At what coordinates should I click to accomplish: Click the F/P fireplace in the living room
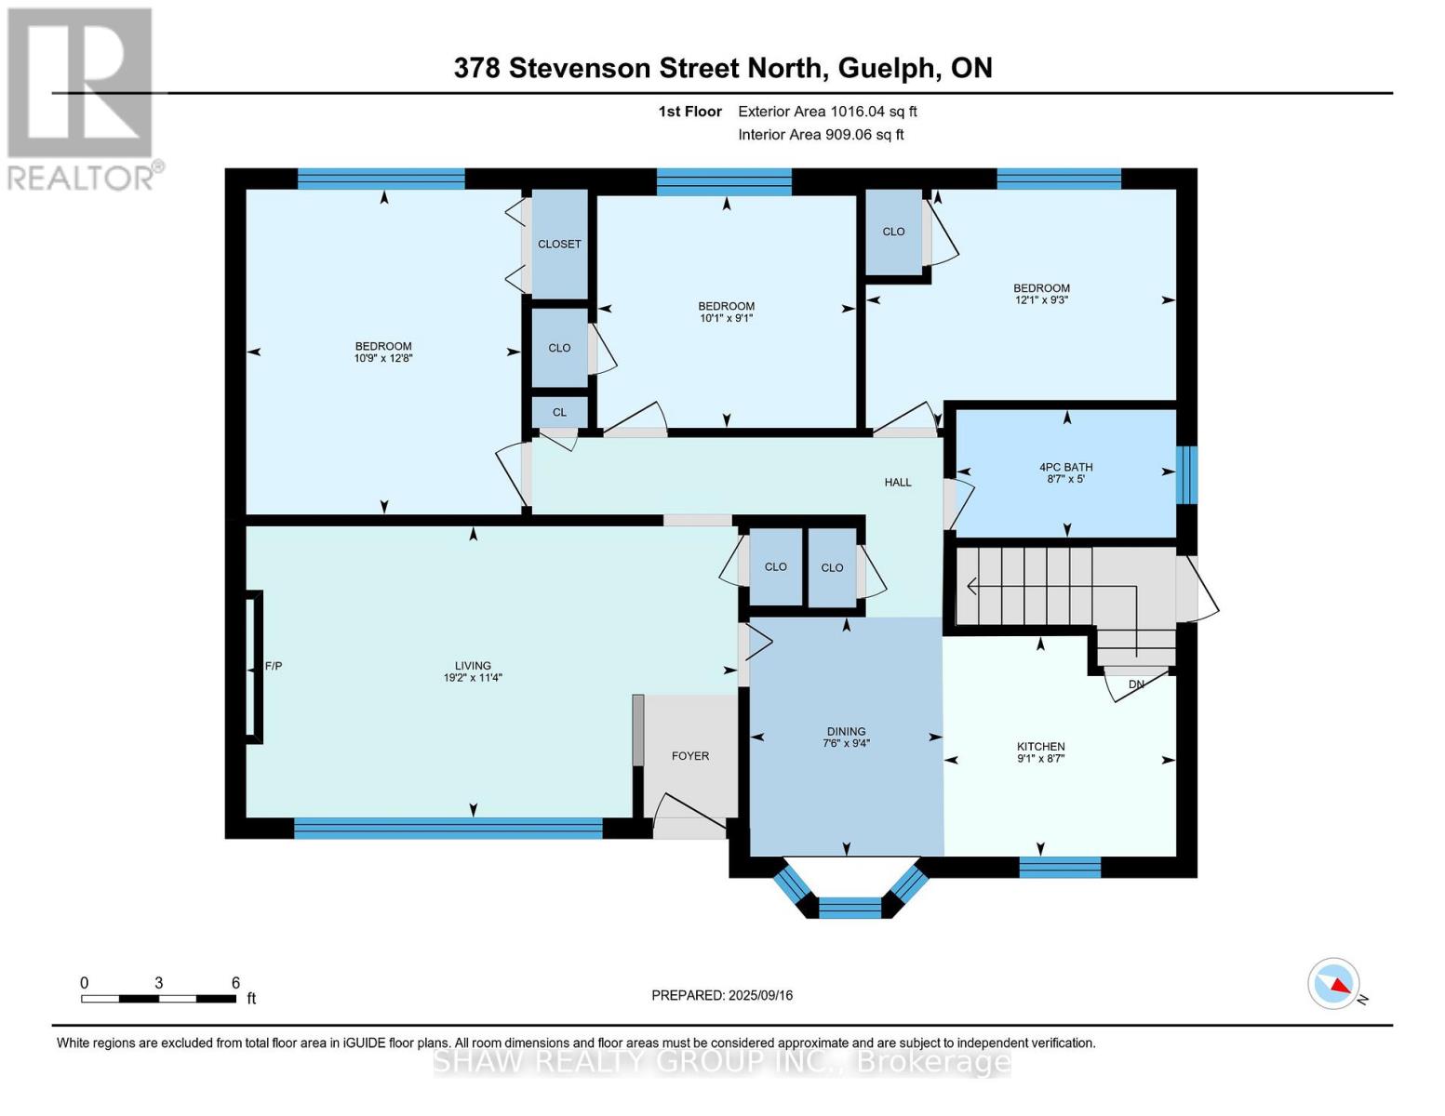point(253,667)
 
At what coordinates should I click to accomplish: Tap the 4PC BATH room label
point(1065,468)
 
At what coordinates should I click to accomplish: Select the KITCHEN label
point(1040,746)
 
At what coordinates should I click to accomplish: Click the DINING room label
point(845,732)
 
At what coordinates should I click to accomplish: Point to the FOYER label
point(690,756)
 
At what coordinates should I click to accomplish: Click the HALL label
point(898,482)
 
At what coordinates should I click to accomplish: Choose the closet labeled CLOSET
point(559,244)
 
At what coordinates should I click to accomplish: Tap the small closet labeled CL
point(559,412)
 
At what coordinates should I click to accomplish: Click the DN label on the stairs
point(1136,684)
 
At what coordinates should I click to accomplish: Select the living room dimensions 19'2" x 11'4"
point(473,678)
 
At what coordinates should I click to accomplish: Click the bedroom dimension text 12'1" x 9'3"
point(1041,299)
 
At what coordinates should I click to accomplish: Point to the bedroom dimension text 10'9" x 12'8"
point(383,357)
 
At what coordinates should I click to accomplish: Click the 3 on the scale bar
point(159,983)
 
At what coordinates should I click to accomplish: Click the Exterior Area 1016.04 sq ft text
point(827,112)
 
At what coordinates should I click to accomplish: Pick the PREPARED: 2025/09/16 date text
point(722,995)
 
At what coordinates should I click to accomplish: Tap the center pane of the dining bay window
point(850,908)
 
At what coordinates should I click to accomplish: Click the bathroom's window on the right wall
point(1187,474)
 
